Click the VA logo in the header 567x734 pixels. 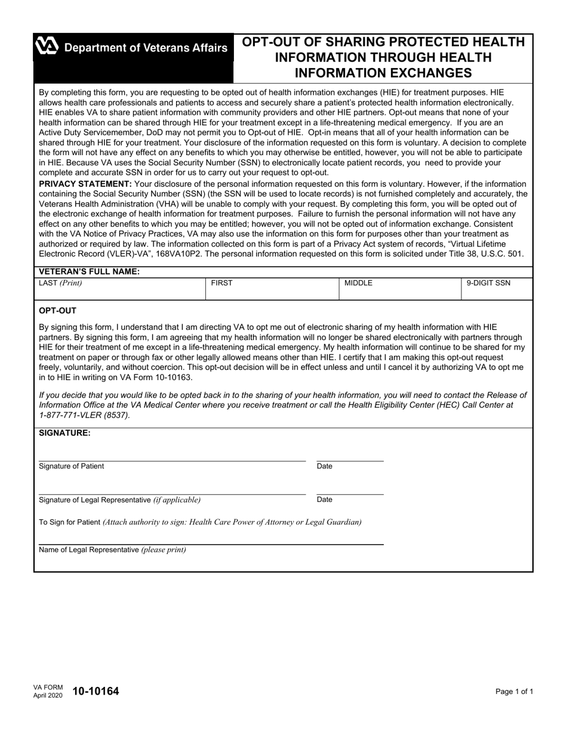coord(47,47)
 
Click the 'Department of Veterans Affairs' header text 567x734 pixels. coord(146,48)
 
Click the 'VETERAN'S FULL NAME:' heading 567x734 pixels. coord(90,272)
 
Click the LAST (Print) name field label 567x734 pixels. coord(60,283)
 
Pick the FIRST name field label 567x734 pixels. coord(221,283)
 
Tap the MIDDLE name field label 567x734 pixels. coord(358,283)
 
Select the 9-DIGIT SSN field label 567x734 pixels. coord(488,283)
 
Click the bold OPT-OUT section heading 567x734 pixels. coord(57,311)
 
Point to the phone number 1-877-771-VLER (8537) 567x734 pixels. coord(84,415)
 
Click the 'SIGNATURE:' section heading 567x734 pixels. coord(64,433)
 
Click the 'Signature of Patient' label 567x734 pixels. coord(71,466)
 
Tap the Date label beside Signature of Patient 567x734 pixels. coord(325,466)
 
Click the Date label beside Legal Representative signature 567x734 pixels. coord(325,499)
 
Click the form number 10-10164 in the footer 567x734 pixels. coord(95,692)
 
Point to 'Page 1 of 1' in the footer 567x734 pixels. coord(514,692)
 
